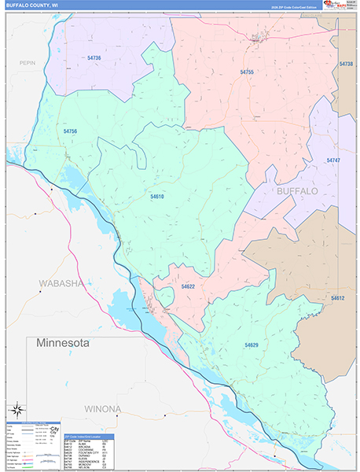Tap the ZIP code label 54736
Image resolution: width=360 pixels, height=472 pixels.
[94, 58]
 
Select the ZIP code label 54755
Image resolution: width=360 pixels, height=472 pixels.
[247, 72]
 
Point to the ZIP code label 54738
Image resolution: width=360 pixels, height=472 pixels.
[346, 64]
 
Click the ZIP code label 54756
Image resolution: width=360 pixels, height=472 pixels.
[70, 131]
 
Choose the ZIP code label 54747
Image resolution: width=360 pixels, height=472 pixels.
[333, 160]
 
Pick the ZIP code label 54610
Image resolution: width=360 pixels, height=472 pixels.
[157, 196]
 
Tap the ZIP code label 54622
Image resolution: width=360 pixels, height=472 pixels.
[188, 287]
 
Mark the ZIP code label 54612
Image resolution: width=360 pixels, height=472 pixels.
[337, 298]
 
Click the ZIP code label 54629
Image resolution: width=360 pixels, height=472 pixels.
[252, 345]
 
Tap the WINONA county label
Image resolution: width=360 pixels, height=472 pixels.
[98, 408]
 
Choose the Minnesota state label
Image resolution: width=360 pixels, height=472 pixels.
[64, 344]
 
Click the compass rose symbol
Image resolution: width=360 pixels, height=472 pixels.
[17, 410]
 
